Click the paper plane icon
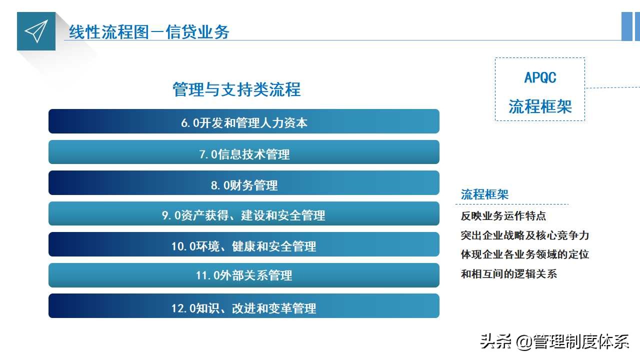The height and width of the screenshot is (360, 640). pyautogui.click(x=36, y=31)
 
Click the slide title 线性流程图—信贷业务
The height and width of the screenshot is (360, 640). pyautogui.click(x=149, y=32)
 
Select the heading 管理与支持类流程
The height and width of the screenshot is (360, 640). pyautogui.click(x=236, y=90)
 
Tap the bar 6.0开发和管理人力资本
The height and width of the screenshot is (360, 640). pyautogui.click(x=244, y=121)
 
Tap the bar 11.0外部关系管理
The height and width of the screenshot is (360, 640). pyautogui.click(x=244, y=275)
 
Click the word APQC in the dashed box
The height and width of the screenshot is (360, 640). pyautogui.click(x=540, y=78)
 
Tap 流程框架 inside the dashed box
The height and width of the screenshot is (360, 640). pyautogui.click(x=540, y=106)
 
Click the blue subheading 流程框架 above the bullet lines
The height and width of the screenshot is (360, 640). pyautogui.click(x=484, y=194)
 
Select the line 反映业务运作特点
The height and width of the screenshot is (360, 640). pyautogui.click(x=503, y=216)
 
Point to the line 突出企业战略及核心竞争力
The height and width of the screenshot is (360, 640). pyautogui.click(x=524, y=235)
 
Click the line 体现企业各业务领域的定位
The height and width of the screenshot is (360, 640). pyautogui.click(x=524, y=254)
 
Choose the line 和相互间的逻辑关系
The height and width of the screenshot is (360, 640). pyautogui.click(x=508, y=273)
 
